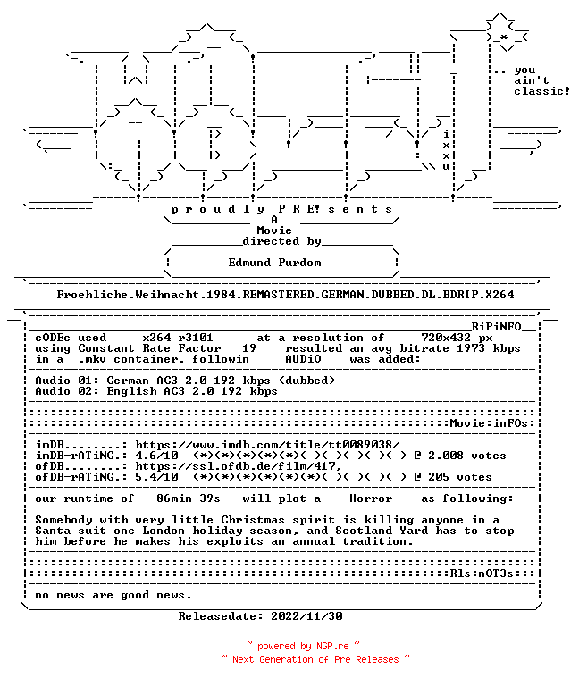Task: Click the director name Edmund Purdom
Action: click(x=275, y=263)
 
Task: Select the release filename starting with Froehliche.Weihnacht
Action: click(x=285, y=295)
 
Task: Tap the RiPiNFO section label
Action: click(x=496, y=327)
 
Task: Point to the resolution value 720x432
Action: click(x=446, y=338)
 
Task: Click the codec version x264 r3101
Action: click(x=178, y=338)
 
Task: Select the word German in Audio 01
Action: click(x=128, y=381)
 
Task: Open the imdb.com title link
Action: click(x=267, y=445)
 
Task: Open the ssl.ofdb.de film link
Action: click(x=238, y=466)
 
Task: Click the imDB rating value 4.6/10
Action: click(x=156, y=456)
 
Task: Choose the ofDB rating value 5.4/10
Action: click(x=156, y=477)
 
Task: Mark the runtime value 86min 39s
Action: click(x=189, y=498)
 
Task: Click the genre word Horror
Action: click(x=371, y=498)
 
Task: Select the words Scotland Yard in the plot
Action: click(x=382, y=531)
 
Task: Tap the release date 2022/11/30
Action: click(x=306, y=616)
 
